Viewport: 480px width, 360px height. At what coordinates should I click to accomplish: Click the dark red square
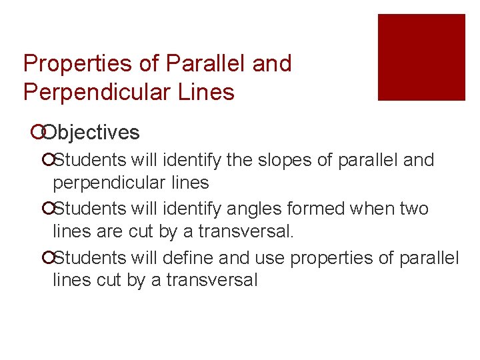coord(421,57)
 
